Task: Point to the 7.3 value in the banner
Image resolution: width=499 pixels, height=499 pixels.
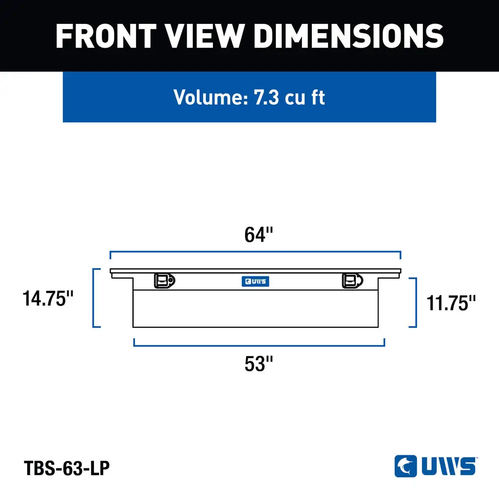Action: pyautogui.click(x=266, y=97)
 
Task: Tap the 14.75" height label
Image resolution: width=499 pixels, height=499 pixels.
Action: pyautogui.click(x=48, y=298)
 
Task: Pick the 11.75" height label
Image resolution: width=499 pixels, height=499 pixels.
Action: pyautogui.click(x=451, y=303)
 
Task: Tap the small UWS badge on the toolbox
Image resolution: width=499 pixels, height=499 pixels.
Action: pyautogui.click(x=255, y=281)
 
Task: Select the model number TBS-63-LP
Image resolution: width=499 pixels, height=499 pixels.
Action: pyautogui.click(x=67, y=468)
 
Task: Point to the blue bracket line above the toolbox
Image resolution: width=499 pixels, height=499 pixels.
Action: pyautogui.click(x=255, y=252)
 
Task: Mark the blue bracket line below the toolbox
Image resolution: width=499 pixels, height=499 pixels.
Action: pyautogui.click(x=259, y=345)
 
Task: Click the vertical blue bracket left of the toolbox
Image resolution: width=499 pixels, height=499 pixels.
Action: pyautogui.click(x=94, y=297)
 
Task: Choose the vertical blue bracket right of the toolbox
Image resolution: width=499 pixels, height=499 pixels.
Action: pyautogui.click(x=416, y=302)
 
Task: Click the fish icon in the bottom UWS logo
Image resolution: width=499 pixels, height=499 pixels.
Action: pyautogui.click(x=405, y=466)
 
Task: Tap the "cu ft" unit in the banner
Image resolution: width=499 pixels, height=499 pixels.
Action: pyautogui.click(x=305, y=97)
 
